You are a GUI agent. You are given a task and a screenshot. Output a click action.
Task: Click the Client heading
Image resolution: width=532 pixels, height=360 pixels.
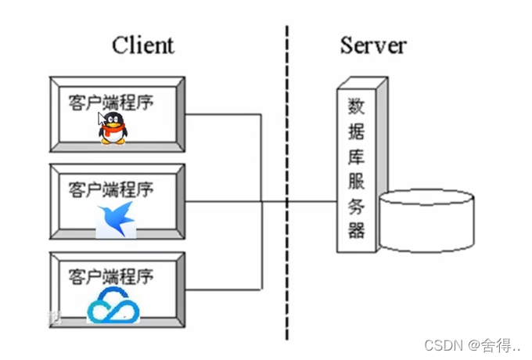coord(143,45)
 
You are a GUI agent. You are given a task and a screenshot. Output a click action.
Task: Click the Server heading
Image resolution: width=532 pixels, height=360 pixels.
coord(373,45)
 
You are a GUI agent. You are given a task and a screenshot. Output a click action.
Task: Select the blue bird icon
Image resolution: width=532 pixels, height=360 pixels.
coord(117,220)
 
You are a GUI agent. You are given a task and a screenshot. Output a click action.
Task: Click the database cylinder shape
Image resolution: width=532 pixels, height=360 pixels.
coord(426,221)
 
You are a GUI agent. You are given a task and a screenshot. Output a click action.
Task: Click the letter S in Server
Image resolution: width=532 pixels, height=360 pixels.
coord(347,45)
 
